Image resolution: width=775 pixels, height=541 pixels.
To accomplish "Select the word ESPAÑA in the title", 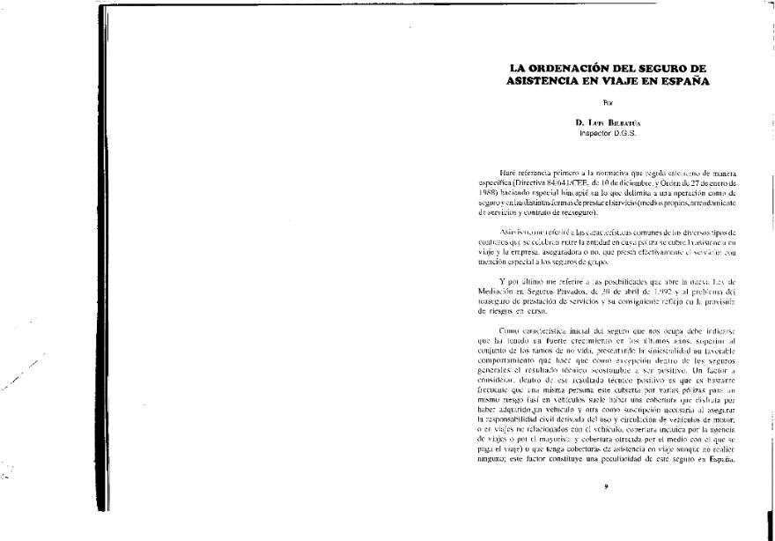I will point(683,81).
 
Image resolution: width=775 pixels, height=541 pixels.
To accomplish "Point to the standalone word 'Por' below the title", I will point(607,103).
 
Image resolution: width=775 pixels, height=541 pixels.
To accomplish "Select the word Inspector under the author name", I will point(594,133).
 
